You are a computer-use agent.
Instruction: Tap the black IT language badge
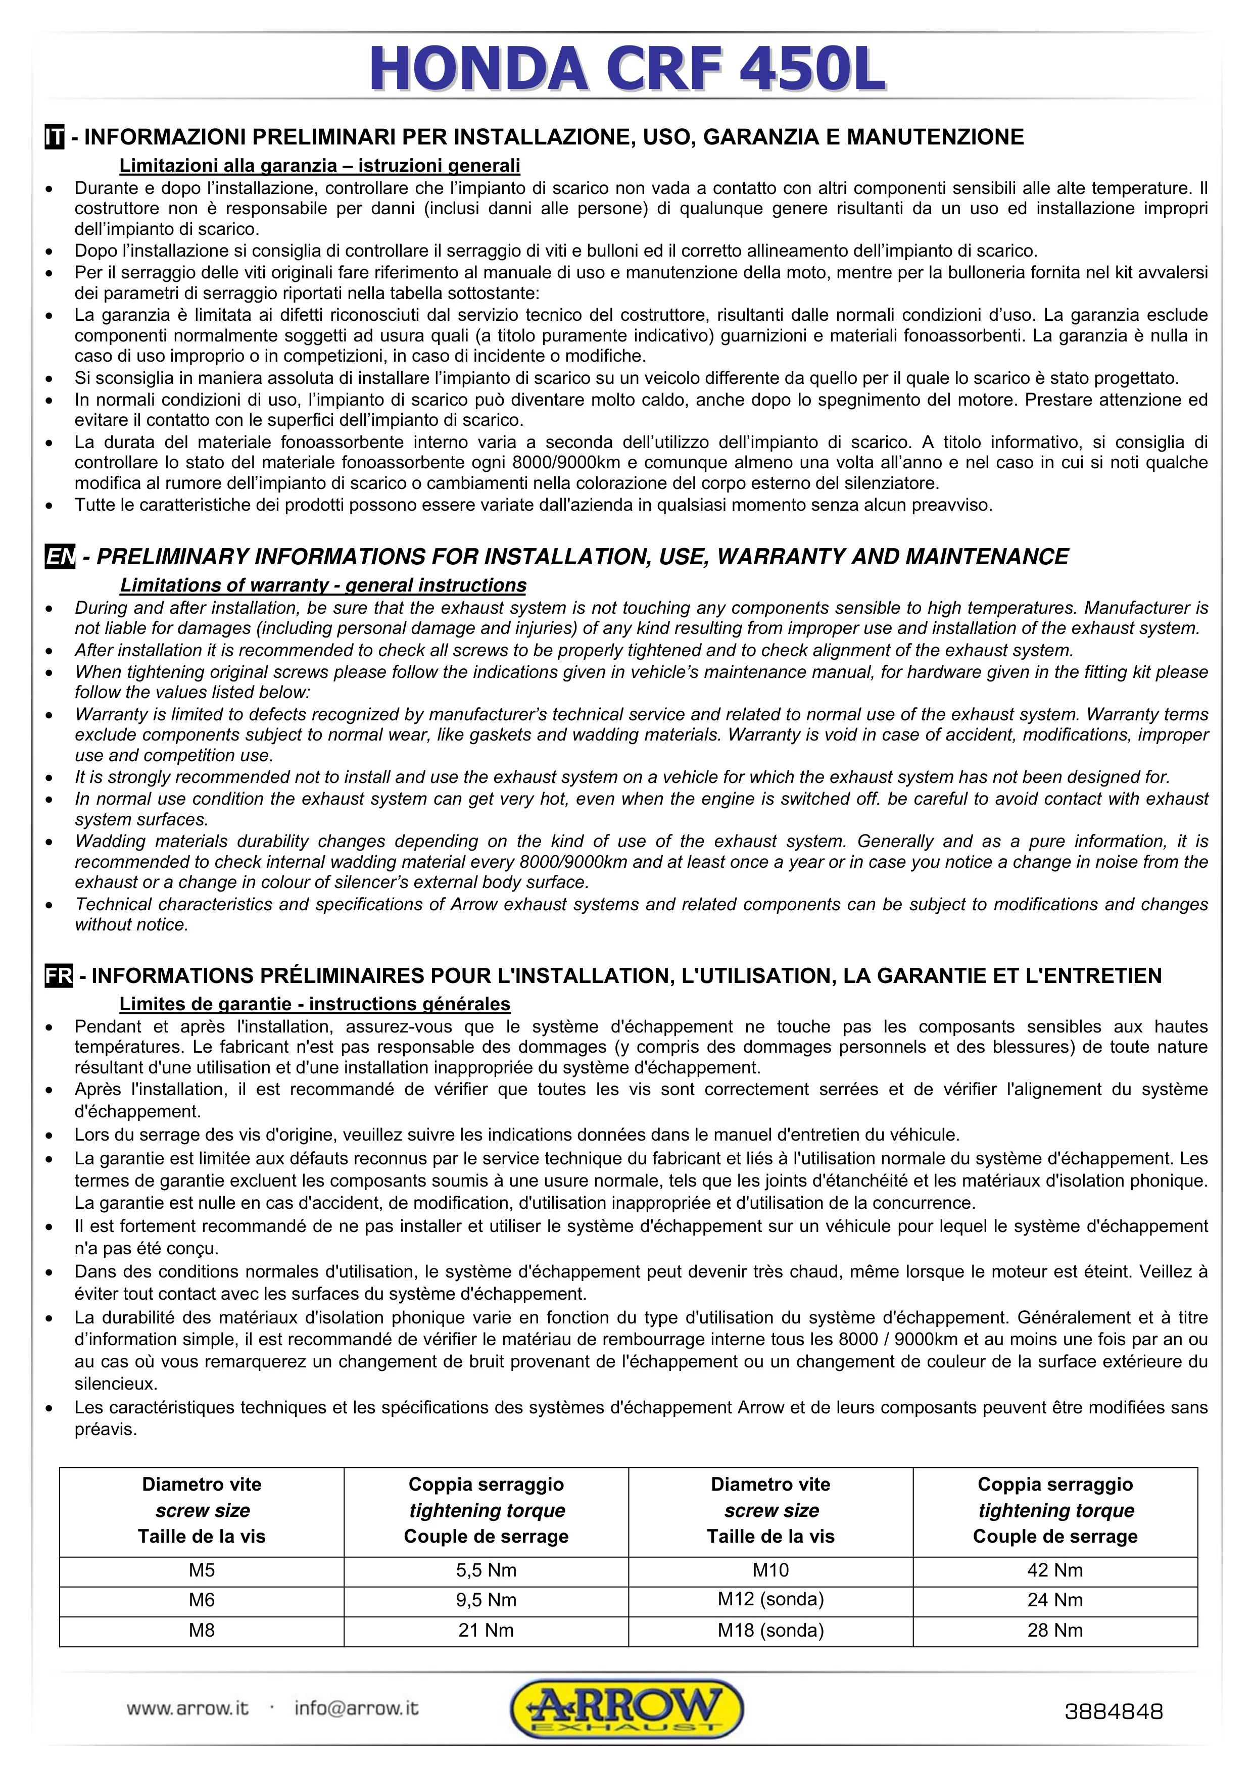pos(54,138)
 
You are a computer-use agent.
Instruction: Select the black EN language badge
pos(60,557)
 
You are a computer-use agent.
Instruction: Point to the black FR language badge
pos(59,976)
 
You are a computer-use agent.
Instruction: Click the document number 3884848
pos(1113,1712)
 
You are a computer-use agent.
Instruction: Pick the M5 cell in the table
pos(202,1570)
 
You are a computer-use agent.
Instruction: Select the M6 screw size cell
pos(202,1600)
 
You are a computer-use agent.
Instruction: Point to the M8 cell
pos(202,1630)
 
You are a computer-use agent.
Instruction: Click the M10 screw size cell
pos(770,1570)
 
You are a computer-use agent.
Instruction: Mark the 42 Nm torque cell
pos(1054,1570)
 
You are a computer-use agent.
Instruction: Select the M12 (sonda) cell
pos(770,1600)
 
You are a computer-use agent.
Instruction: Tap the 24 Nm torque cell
pos(1054,1600)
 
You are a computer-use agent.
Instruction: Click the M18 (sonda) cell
pos(770,1630)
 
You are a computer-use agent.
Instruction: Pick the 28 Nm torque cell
pos(1054,1630)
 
